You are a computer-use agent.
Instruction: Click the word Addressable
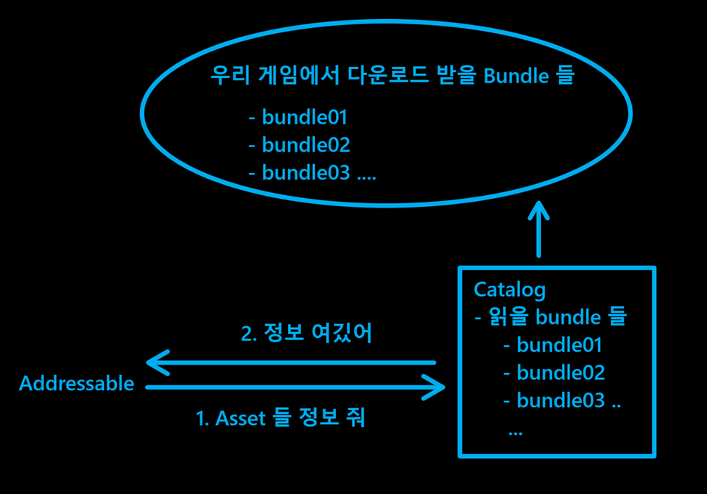pos(77,384)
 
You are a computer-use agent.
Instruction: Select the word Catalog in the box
pos(510,289)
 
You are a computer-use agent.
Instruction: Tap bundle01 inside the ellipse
pos(304,117)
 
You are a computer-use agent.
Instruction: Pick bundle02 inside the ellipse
pos(306,145)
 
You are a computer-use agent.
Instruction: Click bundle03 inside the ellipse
pos(306,173)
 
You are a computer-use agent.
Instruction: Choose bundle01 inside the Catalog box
pos(560,345)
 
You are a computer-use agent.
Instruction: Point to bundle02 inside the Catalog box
pos(560,373)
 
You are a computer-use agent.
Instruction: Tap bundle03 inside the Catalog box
pos(560,401)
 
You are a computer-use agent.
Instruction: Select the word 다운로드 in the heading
pos(383,76)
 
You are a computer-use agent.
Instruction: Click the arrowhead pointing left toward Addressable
pos(155,362)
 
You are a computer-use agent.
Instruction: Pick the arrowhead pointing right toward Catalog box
pos(437,387)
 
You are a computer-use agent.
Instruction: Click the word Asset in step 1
pos(241,419)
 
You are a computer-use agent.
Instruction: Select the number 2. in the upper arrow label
pos(250,334)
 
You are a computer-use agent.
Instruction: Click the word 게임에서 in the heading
pos(298,76)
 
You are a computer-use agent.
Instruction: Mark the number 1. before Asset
pos(203,419)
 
